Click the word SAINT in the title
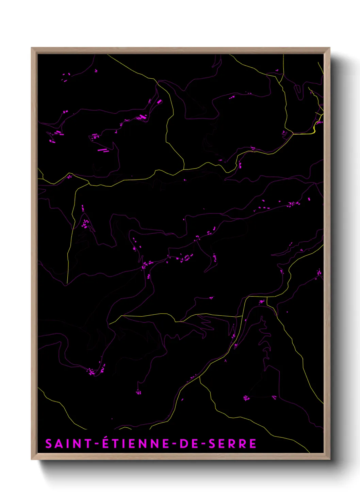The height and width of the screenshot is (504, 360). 68,444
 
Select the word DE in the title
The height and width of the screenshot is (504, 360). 189,444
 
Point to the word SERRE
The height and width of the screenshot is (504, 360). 233,444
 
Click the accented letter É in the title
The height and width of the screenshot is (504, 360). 106,443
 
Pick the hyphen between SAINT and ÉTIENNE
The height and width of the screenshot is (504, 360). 97,444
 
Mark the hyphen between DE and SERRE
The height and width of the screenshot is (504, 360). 203,444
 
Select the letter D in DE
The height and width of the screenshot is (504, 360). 184,444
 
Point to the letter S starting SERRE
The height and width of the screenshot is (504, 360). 212,444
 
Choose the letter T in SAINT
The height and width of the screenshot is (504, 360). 87,444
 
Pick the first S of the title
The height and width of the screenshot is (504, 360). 49,444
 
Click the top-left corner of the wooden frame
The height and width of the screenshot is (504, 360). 32,48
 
